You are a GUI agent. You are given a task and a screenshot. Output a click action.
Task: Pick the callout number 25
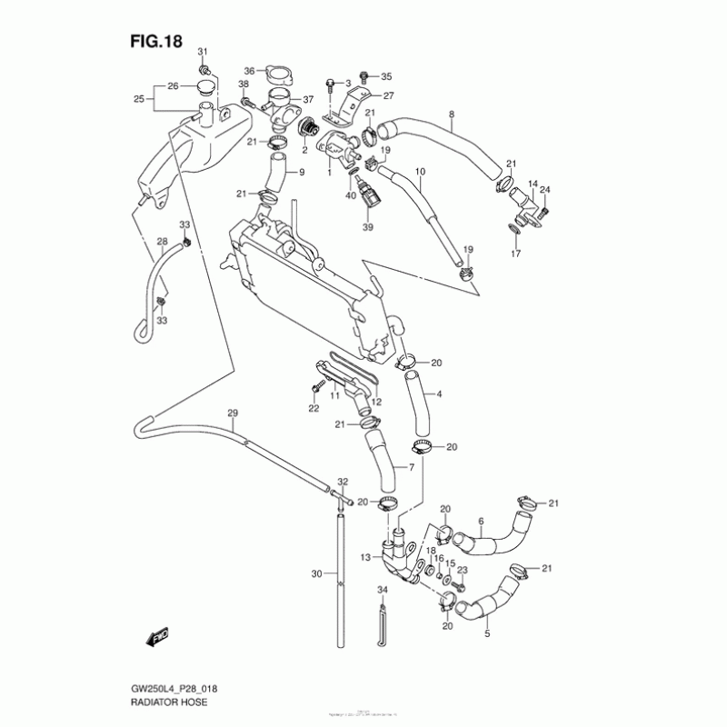(139, 99)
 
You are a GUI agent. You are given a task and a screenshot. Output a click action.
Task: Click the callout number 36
(249, 70)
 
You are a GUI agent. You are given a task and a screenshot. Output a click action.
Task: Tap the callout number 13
(364, 557)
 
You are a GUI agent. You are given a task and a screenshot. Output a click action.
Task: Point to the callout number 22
(314, 409)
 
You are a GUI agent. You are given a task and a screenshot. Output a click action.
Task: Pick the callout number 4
(440, 394)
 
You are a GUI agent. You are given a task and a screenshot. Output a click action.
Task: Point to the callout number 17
(515, 254)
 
